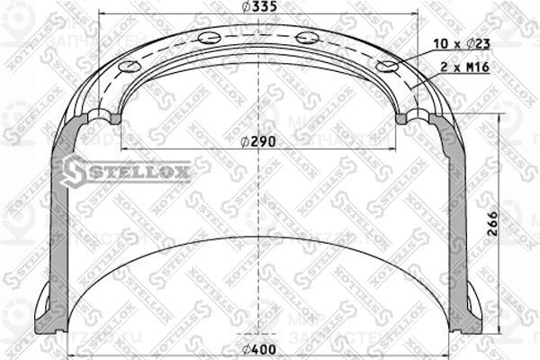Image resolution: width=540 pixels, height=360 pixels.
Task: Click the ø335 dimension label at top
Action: (x=265, y=9)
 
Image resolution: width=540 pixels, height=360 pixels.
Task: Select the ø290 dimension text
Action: (x=261, y=140)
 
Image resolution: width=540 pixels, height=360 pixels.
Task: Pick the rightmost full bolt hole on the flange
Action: (x=387, y=67)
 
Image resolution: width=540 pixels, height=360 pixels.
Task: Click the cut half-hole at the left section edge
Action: (x=112, y=118)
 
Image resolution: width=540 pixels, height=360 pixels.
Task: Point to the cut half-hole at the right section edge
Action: (x=404, y=118)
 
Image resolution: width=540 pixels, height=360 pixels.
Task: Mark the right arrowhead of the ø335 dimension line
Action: (x=415, y=16)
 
